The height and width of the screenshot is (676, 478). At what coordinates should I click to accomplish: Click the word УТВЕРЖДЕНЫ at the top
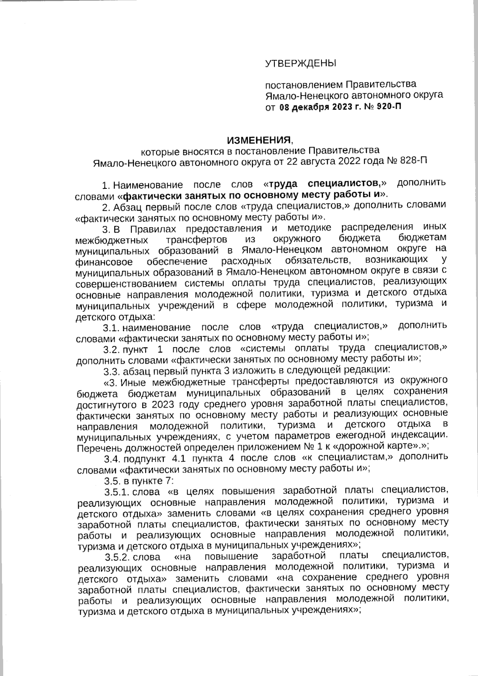(x=301, y=63)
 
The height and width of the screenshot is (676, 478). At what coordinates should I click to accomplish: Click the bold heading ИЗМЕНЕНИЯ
(x=259, y=140)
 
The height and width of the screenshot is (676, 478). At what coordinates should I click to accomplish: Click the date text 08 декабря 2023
(x=315, y=107)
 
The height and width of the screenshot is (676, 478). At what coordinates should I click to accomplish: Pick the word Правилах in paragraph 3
(x=147, y=229)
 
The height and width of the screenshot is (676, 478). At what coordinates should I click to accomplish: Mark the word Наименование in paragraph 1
(x=148, y=185)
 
